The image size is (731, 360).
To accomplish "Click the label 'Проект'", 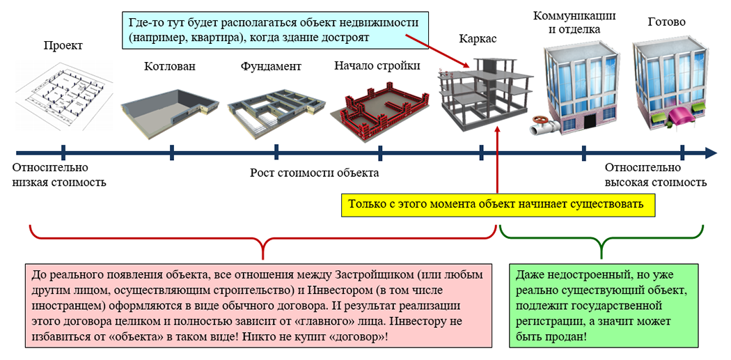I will (63, 46).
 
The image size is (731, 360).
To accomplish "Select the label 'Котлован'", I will (170, 67).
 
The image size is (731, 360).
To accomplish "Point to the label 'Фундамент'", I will (271, 67).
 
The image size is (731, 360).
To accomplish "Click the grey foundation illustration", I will (276, 107).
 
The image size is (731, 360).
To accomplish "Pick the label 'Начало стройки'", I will (377, 67).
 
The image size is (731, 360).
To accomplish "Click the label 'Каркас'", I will (478, 40).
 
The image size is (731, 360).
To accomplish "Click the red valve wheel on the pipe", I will (539, 127).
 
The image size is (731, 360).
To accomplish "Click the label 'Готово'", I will (666, 22).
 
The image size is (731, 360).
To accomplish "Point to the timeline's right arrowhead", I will (711, 152).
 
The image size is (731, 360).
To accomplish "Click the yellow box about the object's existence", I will (497, 205).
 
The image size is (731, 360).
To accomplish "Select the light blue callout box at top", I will (274, 29).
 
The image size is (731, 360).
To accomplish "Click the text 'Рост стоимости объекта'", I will (314, 173).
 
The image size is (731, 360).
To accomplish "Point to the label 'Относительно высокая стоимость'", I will (655, 175).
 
